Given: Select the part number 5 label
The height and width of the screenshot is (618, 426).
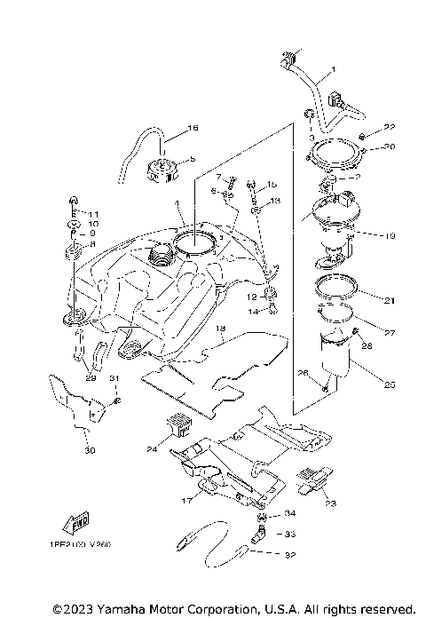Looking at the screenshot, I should coord(191,160).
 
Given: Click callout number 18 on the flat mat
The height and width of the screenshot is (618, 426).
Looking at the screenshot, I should coord(221,329).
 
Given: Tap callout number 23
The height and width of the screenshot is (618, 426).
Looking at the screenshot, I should coord(331,503).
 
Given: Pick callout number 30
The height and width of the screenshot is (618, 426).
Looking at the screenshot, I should coord(88,450).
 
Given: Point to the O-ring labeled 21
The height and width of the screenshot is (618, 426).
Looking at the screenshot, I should coord(336,289).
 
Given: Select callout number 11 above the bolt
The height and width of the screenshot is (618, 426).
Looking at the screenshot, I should coord(91,214).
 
